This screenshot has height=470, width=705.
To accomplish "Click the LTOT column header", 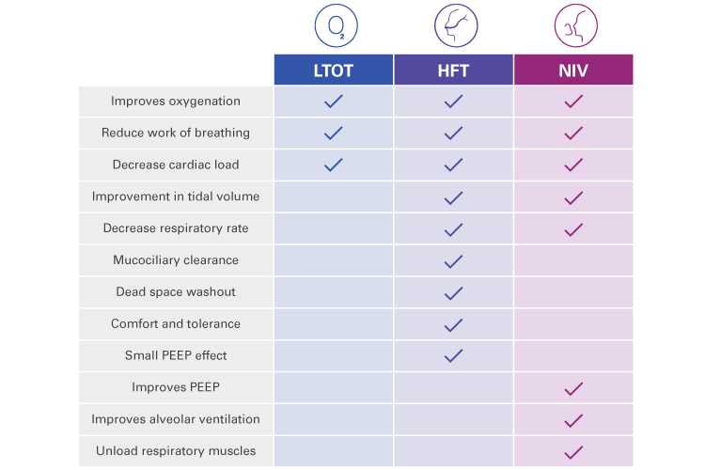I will click(333, 70).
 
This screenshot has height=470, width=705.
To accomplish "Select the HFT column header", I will click(453, 70).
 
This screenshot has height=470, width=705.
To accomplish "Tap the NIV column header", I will click(573, 70).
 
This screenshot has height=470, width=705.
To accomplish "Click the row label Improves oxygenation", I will click(176, 101).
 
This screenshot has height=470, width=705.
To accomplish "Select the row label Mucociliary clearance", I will click(176, 259).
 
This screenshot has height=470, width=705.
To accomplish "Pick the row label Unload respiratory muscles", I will click(176, 450).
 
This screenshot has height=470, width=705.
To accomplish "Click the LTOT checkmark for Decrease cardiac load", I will click(333, 164).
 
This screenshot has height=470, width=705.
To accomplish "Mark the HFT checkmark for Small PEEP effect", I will click(453, 355).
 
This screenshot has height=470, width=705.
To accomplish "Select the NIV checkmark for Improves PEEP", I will click(573, 387).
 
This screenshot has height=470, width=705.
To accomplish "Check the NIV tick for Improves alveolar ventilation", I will click(573, 419).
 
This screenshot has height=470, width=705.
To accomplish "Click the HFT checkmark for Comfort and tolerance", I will click(453, 323).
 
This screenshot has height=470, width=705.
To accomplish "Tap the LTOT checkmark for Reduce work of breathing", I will click(333, 133).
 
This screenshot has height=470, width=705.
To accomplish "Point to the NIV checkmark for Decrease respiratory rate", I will click(573, 228).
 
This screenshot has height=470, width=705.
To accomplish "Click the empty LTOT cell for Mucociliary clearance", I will click(333, 259).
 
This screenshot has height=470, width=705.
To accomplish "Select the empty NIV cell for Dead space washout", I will click(573, 291).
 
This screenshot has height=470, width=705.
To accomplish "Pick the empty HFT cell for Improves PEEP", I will click(453, 387).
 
